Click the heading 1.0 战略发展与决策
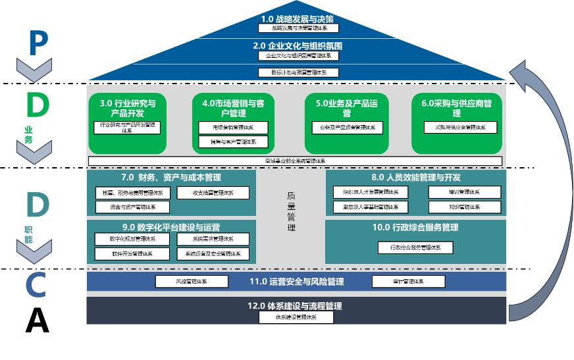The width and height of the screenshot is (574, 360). [298, 18]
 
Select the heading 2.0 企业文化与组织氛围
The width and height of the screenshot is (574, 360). [298, 46]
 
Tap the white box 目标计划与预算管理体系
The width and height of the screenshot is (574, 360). [298, 72]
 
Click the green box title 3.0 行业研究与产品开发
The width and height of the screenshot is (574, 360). [128, 108]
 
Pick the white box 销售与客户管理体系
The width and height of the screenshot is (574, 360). [233, 141]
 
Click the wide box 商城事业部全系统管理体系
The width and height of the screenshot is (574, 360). [295, 161]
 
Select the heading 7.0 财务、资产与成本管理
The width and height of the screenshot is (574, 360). [171, 178]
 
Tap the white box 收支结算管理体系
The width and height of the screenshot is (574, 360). [213, 193]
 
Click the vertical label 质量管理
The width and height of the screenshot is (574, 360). [291, 211]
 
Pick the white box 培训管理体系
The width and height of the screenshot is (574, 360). [464, 192]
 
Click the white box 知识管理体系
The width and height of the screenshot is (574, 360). [464, 207]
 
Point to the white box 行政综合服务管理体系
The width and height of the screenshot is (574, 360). [415, 247]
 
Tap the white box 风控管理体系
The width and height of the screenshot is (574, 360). [192, 282]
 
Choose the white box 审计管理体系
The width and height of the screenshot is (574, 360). [408, 282]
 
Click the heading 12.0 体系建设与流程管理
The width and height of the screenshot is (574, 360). [295, 306]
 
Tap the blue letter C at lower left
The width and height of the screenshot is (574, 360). [36, 284]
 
